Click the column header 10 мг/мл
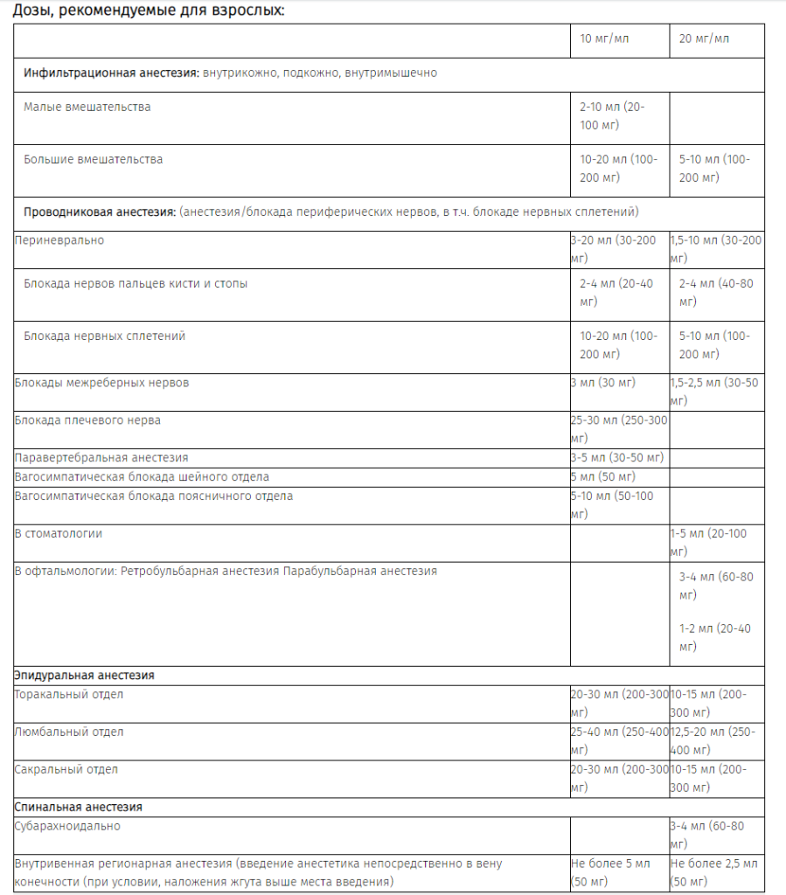pyautogui.click(x=604, y=39)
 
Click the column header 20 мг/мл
pyautogui.click(x=704, y=39)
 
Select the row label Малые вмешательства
pyautogui.click(x=87, y=108)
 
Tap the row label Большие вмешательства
pyautogui.click(x=94, y=160)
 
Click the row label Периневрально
pyautogui.click(x=59, y=240)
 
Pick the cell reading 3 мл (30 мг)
pyautogui.click(x=603, y=383)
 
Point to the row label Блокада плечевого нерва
pyautogui.click(x=87, y=420)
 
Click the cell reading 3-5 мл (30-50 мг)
pyautogui.click(x=617, y=457)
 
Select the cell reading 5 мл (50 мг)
pyautogui.click(x=603, y=477)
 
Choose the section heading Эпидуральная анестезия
pyautogui.click(x=85, y=676)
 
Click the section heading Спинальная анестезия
pyautogui.click(x=79, y=807)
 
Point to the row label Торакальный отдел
pyautogui.click(x=69, y=695)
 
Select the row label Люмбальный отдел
pyautogui.click(x=69, y=732)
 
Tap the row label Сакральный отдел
pyautogui.click(x=66, y=770)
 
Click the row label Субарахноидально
pyautogui.click(x=68, y=826)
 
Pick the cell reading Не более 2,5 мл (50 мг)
pyautogui.click(x=713, y=872)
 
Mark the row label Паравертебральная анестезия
pyautogui.click(x=101, y=457)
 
